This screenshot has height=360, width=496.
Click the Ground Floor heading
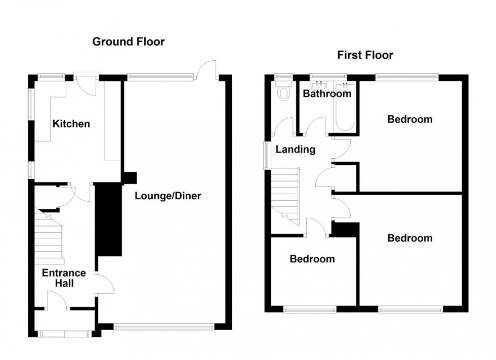pyautogui.click(x=129, y=42)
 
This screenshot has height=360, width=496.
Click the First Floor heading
pyautogui.click(x=365, y=55)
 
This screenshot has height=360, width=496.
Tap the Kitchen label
pyautogui.click(x=71, y=123)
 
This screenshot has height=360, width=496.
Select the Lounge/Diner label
pyautogui.click(x=168, y=196)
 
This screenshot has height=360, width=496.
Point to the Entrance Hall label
pyautogui.click(x=64, y=278)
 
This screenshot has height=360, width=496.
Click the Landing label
pyautogui.click(x=296, y=149)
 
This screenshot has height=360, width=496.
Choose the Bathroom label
pyautogui.click(x=327, y=94)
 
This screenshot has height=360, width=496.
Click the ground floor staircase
pyautogui.click(x=49, y=237)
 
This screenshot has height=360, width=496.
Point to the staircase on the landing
pyautogui.click(x=285, y=196)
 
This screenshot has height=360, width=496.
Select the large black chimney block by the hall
pyautogui.click(x=109, y=219)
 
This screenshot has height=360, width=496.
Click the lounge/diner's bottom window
pyautogui.click(x=163, y=327)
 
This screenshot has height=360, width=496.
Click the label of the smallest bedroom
pyautogui.click(x=312, y=259)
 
